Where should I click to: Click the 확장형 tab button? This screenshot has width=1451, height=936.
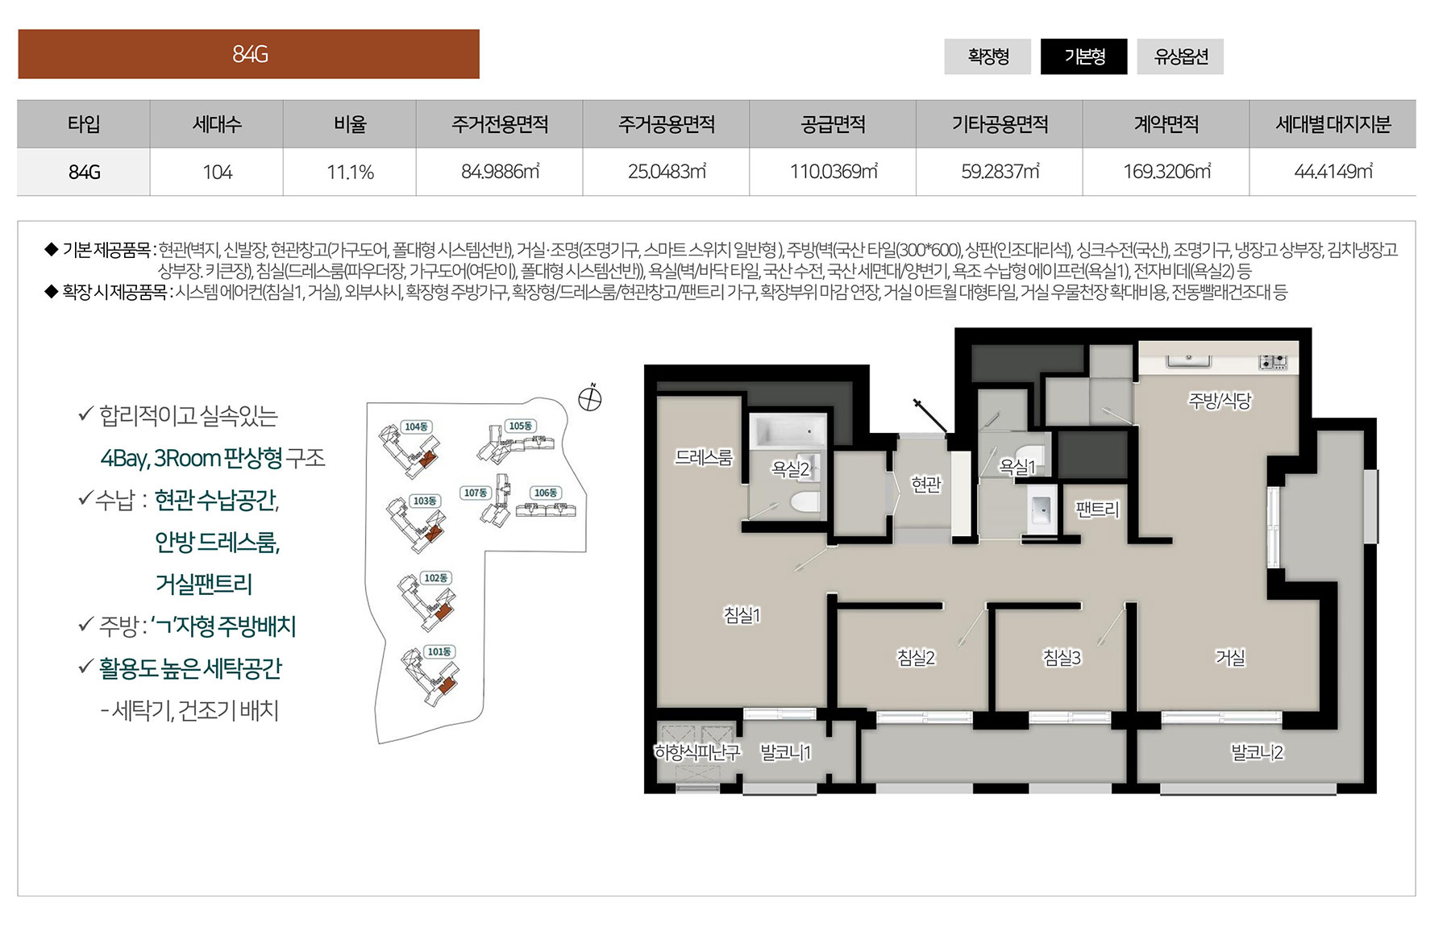[x=987, y=56]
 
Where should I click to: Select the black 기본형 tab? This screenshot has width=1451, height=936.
[x=1084, y=56]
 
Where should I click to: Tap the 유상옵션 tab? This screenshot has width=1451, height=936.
[x=1180, y=56]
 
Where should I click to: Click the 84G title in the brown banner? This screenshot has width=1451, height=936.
[x=250, y=54]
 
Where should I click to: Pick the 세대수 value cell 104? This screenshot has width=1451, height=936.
[x=217, y=172]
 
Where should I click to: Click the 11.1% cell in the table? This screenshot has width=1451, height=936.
[x=350, y=172]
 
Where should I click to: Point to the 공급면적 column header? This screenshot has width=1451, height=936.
[x=833, y=124]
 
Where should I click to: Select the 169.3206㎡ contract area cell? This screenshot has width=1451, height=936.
[x=1166, y=172]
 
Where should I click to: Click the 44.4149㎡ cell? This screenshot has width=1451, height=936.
[x=1333, y=172]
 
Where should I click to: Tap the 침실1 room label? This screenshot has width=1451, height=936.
[x=742, y=615]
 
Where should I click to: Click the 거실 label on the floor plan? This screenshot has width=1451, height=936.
[x=1230, y=658]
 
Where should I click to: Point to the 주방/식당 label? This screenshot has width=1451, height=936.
[x=1220, y=400]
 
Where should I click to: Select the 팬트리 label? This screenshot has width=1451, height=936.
[x=1097, y=510]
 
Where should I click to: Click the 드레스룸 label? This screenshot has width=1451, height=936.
[x=704, y=458]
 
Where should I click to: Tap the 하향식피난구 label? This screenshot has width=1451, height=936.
[x=696, y=752]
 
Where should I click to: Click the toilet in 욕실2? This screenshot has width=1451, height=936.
[x=805, y=502]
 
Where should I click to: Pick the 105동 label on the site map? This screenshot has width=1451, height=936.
[x=520, y=426]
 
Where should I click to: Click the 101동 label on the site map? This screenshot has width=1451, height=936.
[x=439, y=651]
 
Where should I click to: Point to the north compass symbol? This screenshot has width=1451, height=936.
[x=590, y=398]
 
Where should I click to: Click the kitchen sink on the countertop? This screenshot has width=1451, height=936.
[x=1187, y=360]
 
